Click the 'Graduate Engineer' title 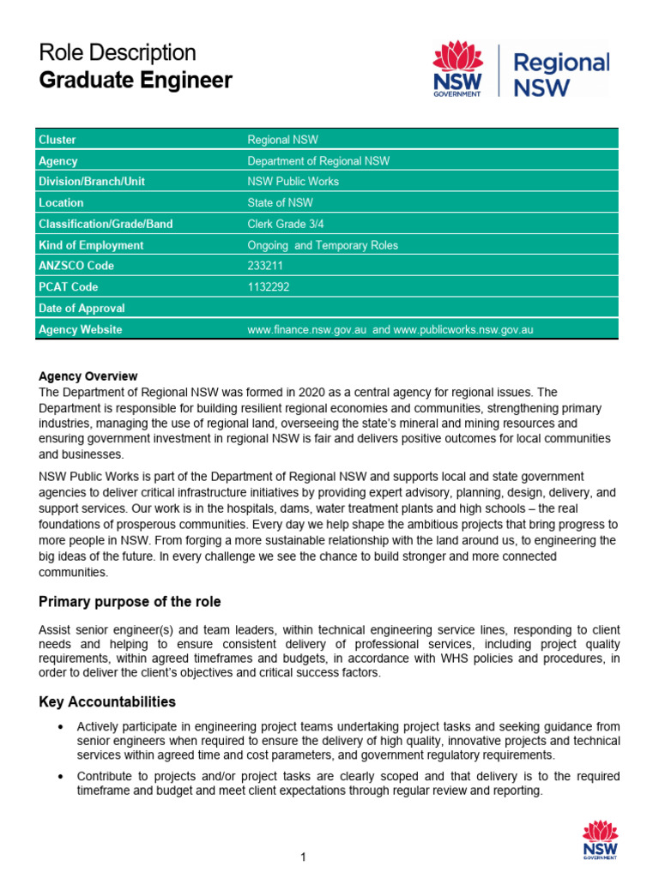tap(136, 81)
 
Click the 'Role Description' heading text tap(118, 52)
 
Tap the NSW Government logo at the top tap(458, 71)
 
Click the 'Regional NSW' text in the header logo tap(560, 75)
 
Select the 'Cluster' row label tap(57, 140)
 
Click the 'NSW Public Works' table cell tap(293, 182)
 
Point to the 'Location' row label tap(61, 203)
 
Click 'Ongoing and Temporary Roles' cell tap(323, 245)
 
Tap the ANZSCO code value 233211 tap(264, 266)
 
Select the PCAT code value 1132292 tap(268, 287)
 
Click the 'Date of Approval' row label tap(82, 308)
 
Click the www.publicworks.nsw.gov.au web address tap(463, 329)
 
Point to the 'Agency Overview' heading tap(88, 376)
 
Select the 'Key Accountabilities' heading tap(107, 701)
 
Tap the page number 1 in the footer tap(304, 857)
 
